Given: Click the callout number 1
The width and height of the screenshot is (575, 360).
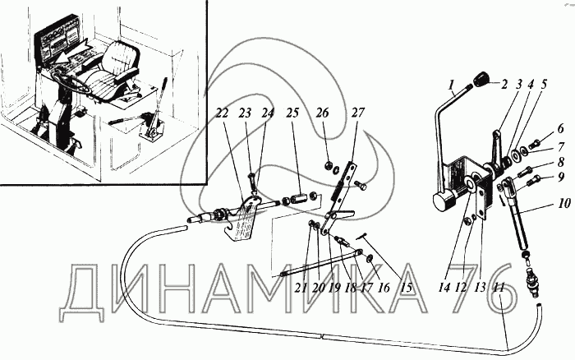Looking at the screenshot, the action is pyautogui.click(x=451, y=82).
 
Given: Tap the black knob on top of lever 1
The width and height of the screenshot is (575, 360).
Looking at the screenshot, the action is pyautogui.click(x=481, y=80).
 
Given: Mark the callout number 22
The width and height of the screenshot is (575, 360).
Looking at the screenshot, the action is pyautogui.click(x=221, y=113).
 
